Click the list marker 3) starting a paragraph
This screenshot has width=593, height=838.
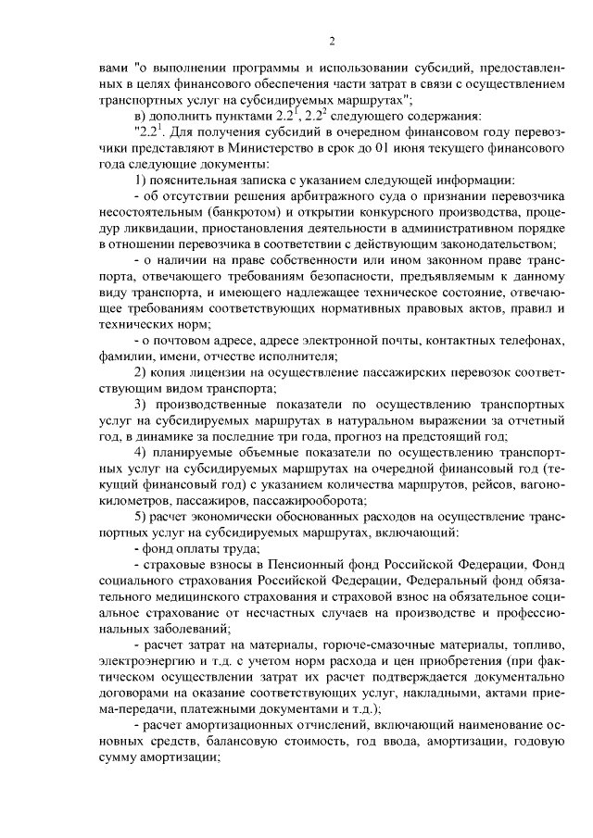click(142, 405)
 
